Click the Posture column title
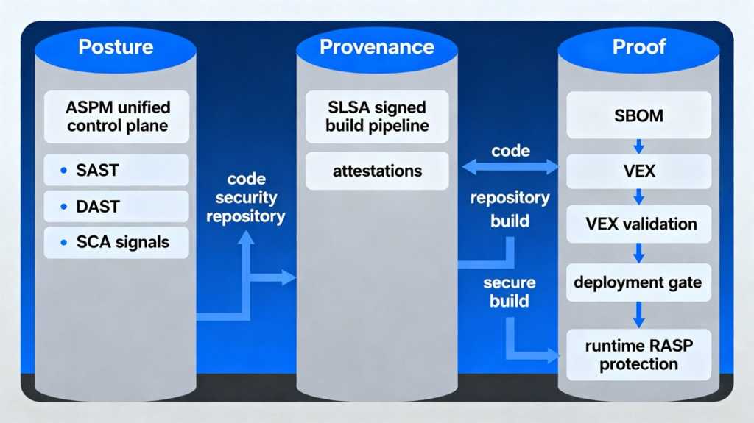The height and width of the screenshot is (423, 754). (116, 48)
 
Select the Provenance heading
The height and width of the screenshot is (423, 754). (376, 48)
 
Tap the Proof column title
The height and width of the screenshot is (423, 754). (638, 48)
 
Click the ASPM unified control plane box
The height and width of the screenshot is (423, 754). (116, 117)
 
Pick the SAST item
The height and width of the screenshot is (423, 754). (116, 170)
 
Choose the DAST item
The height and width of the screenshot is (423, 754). (116, 207)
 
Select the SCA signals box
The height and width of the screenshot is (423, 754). (116, 242)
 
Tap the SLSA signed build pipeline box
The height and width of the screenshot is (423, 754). (377, 116)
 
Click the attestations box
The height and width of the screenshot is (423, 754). (377, 171)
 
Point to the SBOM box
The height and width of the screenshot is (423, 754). (638, 116)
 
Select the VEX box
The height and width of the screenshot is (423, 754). (638, 172)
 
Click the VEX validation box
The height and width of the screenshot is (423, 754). (638, 224)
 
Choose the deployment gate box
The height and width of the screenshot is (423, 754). (638, 282)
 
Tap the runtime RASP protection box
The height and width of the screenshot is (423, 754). (638, 355)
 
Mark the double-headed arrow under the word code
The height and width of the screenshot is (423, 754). (510, 168)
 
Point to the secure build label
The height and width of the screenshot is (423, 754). (510, 291)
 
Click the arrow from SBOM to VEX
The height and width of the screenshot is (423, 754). (638, 144)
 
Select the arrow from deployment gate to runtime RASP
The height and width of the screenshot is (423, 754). (638, 314)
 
